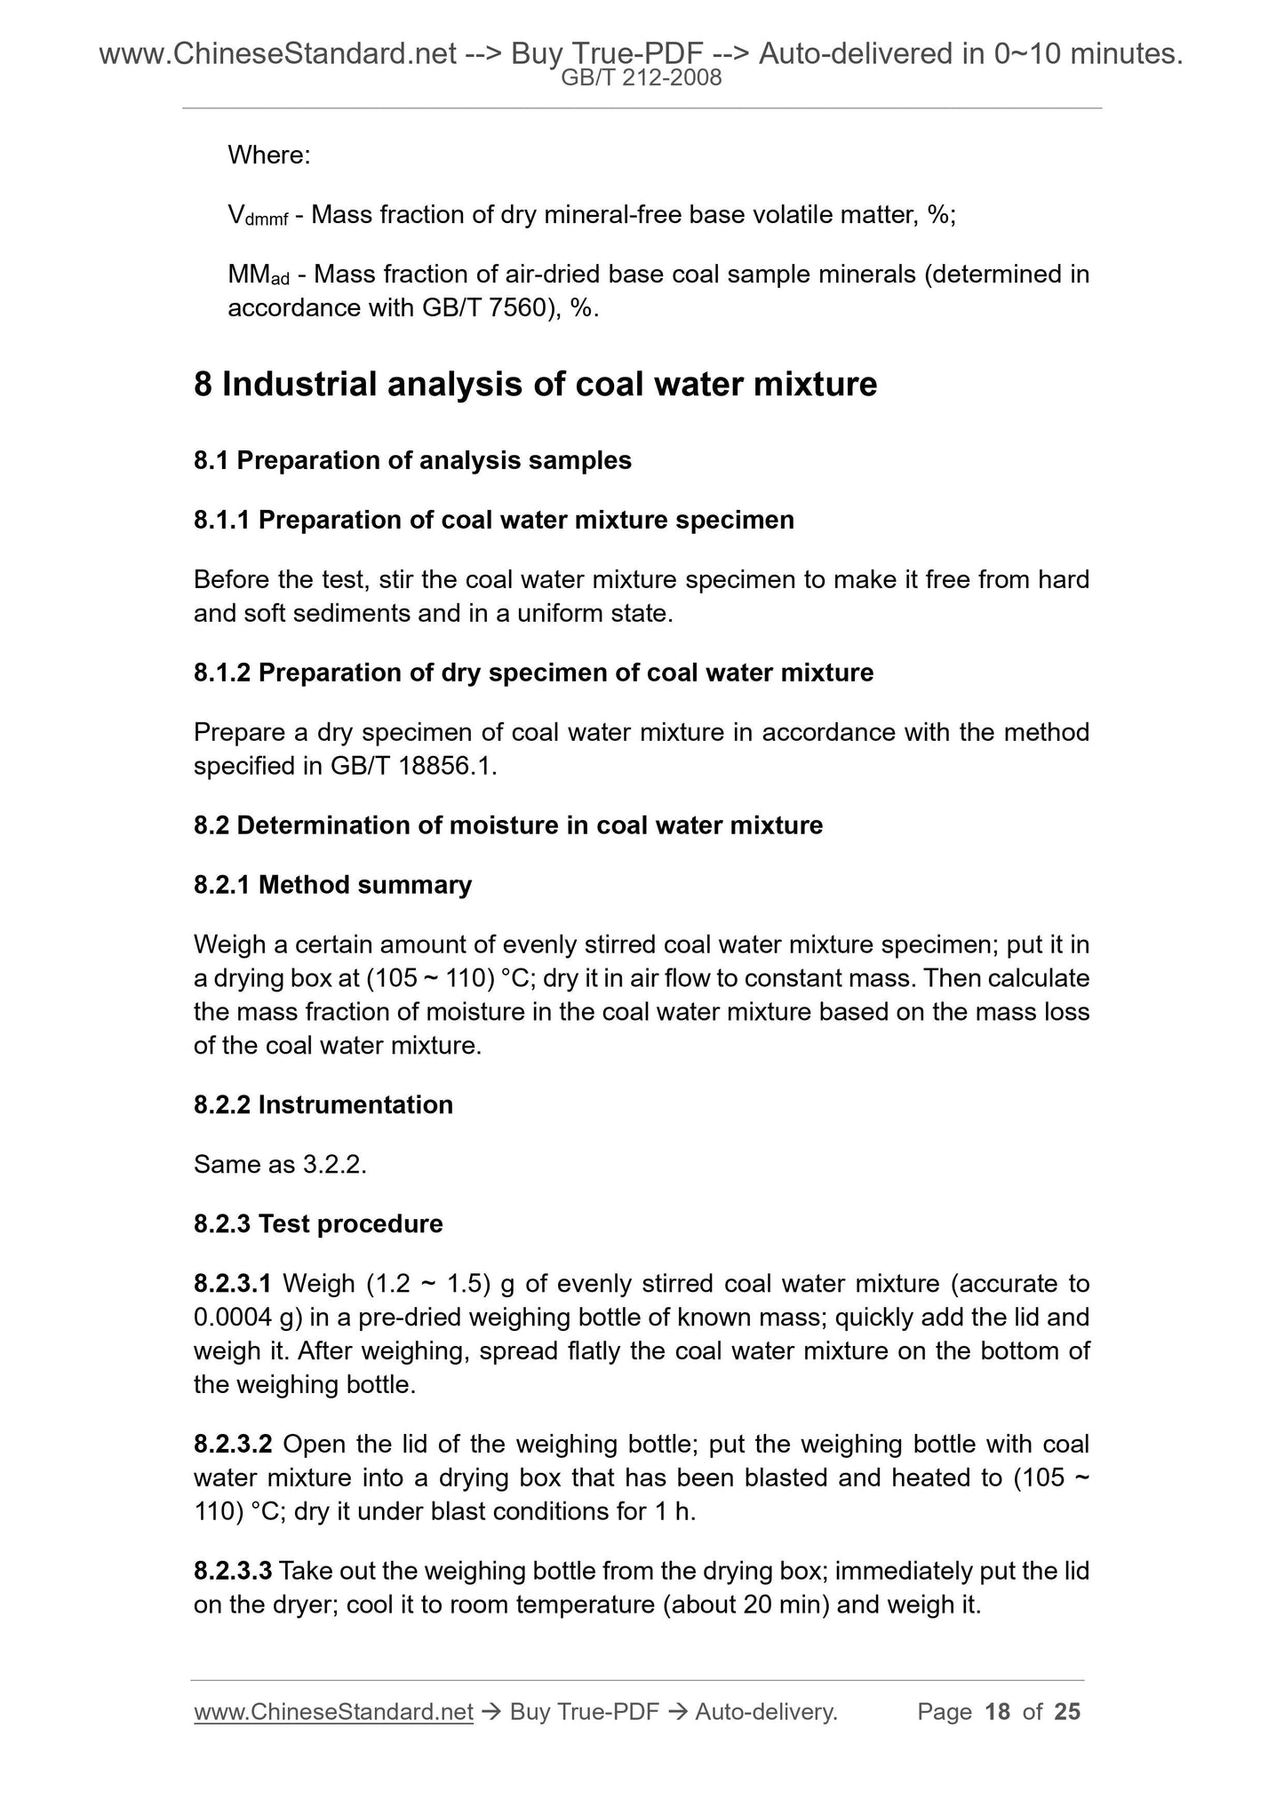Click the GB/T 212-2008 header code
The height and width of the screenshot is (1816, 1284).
642,78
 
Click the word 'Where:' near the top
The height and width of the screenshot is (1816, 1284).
268,155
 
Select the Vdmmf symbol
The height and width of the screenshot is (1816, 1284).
257,216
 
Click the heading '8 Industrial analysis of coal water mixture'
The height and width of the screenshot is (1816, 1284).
535,385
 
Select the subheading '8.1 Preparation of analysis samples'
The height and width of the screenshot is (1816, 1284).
412,460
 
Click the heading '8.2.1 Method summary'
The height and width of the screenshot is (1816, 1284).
332,885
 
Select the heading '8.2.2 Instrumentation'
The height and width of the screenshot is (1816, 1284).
323,1104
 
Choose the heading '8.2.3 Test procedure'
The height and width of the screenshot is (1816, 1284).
317,1224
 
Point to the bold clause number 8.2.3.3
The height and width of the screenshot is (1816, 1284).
233,1572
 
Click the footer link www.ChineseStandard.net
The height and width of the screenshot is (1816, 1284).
332,1712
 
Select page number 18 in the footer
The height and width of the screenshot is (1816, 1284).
998,1712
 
